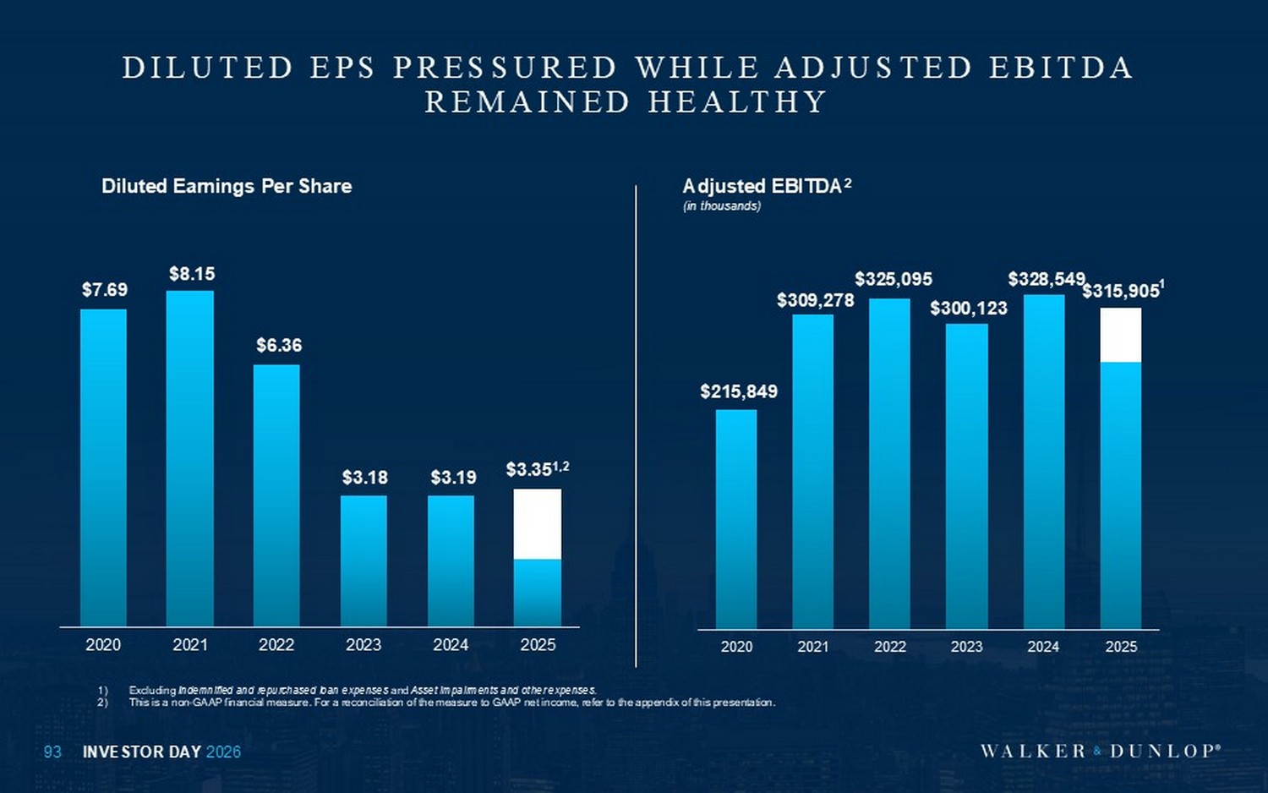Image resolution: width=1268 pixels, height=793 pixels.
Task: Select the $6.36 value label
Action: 279,345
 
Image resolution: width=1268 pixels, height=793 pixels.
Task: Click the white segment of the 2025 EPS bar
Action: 538,523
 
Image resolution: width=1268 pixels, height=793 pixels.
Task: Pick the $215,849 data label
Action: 739,391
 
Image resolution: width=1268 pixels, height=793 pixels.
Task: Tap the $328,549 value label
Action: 1046,279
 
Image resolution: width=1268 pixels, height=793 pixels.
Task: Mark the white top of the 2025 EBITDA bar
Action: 1121,335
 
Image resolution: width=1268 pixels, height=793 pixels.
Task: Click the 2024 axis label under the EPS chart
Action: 451,645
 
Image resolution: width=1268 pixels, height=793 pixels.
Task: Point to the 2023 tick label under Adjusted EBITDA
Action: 966,647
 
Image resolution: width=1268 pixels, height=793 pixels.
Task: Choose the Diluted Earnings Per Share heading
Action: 227,186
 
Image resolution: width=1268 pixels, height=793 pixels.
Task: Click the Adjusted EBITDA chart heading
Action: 762,186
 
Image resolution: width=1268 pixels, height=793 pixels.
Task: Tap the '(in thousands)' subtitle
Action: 722,206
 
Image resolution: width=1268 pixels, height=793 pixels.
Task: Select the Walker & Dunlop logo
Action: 1100,751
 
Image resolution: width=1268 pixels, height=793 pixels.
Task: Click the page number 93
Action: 52,752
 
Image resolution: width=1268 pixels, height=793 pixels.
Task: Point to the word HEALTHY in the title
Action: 737,102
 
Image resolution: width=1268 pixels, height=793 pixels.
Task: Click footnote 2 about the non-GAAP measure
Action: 451,703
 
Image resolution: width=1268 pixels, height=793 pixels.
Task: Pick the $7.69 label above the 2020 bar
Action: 105,290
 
